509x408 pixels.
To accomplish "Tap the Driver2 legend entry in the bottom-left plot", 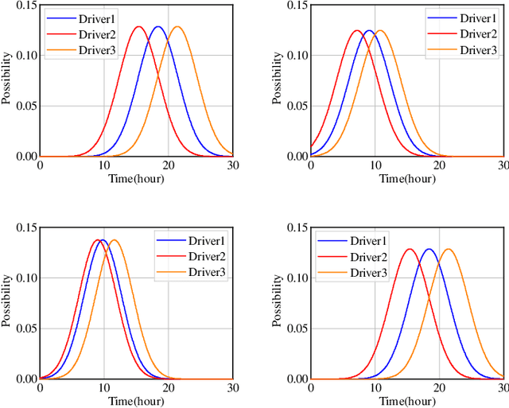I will (x=206, y=256).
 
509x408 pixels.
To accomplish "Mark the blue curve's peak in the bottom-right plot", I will (x=429, y=249).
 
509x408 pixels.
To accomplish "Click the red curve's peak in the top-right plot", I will (x=356, y=31).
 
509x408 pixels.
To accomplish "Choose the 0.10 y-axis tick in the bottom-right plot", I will (x=293, y=278).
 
